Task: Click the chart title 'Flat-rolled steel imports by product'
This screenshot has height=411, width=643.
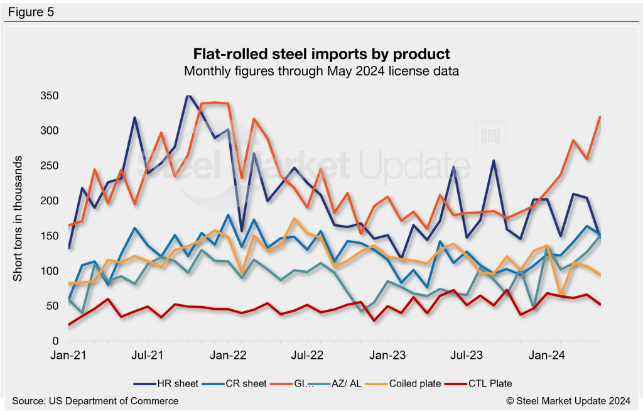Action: [321, 53]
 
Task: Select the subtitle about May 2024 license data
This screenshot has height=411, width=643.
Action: [321, 71]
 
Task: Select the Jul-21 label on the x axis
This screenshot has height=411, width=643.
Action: [148, 355]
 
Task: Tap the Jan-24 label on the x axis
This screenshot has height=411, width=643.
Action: [548, 355]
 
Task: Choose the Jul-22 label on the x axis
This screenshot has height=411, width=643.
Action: [308, 355]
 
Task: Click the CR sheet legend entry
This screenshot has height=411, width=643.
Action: [239, 383]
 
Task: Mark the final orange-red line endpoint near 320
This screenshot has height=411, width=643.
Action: [600, 117]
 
